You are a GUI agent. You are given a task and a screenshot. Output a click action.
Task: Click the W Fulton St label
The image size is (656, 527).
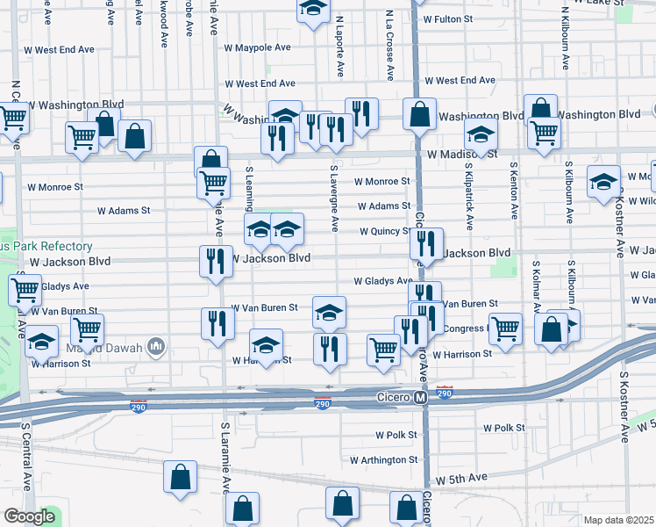tap(447, 18)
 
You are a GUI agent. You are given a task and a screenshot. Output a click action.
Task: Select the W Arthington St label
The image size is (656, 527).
tap(384, 459)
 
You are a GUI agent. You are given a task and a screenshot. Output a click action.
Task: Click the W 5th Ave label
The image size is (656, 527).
tap(461, 477)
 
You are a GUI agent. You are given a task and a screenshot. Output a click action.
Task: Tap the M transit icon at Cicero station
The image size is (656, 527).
tap(420, 398)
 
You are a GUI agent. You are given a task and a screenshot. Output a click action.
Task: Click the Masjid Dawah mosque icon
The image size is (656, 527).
tap(157, 346)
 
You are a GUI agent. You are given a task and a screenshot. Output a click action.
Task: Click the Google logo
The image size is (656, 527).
tap(29, 516)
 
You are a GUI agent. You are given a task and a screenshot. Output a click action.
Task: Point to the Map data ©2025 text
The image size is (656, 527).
tap(619, 520)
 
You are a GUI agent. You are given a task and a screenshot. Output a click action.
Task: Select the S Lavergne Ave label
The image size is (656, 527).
tap(334, 198)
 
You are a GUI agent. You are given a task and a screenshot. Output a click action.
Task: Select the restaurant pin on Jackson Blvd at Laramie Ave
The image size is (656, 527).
tap(215, 260)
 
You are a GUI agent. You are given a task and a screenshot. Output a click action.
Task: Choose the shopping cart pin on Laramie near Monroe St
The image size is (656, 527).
tap(214, 182)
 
